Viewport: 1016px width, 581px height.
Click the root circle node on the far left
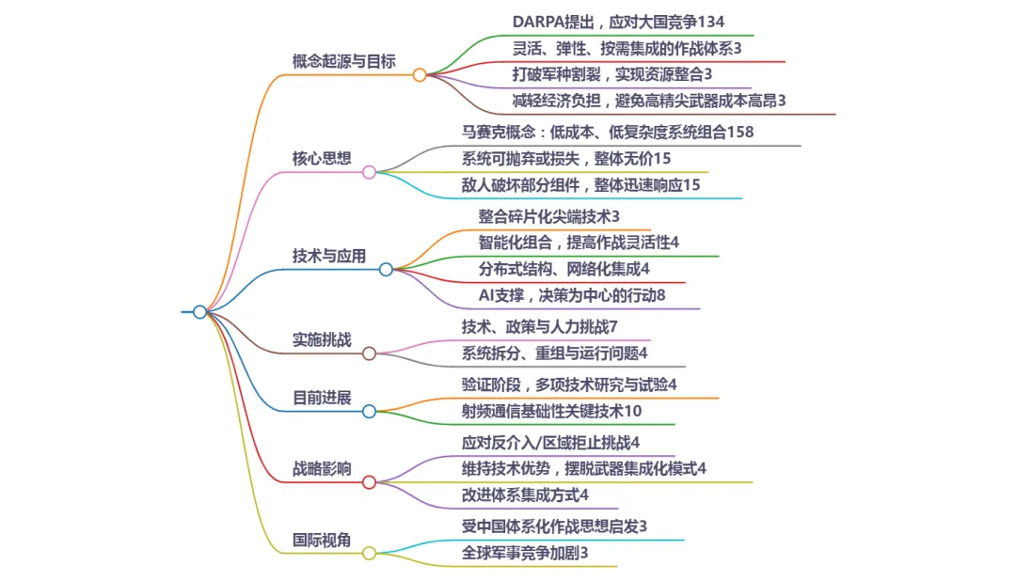pyautogui.click(x=199, y=312)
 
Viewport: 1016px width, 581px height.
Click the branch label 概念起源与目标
pyautogui.click(x=343, y=61)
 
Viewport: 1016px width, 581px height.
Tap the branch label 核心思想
pyautogui.click(x=322, y=157)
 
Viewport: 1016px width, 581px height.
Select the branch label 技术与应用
pyautogui.click(x=329, y=256)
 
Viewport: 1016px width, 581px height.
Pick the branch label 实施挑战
pyautogui.click(x=322, y=339)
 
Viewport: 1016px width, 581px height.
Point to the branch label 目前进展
pyautogui.click(x=322, y=397)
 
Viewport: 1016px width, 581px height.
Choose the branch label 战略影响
pyautogui.click(x=322, y=468)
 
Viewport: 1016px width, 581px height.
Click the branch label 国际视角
pyautogui.click(x=322, y=540)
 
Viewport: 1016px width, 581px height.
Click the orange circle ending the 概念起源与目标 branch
pyautogui.click(x=420, y=75)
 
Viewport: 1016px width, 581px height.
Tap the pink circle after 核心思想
pyautogui.click(x=369, y=172)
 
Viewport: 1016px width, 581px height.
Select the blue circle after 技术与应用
pyautogui.click(x=386, y=270)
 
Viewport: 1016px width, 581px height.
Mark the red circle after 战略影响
pyautogui.click(x=369, y=482)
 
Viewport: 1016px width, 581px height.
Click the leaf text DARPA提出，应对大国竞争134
pyautogui.click(x=618, y=22)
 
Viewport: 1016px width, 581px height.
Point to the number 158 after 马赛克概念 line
pyautogui.click(x=740, y=133)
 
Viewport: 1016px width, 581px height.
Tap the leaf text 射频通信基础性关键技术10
pyautogui.click(x=551, y=411)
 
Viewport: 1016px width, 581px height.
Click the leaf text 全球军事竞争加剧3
pyautogui.click(x=525, y=553)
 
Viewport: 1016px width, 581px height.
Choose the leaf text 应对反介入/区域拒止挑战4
pyautogui.click(x=550, y=442)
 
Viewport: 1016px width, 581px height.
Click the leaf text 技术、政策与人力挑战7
pyautogui.click(x=539, y=326)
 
